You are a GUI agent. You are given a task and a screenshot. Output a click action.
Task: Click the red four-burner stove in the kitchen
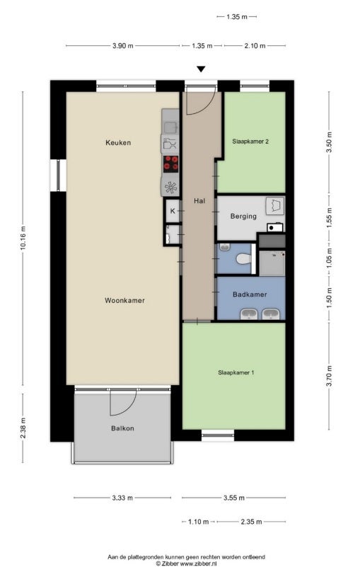[170, 164]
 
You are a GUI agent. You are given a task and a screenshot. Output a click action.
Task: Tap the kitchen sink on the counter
[170, 127]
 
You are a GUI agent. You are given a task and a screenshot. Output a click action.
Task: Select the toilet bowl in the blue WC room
[244, 259]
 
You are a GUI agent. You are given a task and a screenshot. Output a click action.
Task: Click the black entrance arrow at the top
[202, 69]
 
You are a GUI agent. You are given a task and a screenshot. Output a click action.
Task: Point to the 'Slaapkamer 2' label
[250, 141]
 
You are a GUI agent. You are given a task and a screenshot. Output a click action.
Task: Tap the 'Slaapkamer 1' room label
[235, 372]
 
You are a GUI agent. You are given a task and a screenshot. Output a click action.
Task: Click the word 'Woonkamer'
[124, 300]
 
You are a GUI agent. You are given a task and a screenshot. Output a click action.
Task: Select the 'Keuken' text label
[118, 143]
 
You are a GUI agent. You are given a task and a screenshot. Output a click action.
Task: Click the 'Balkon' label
[122, 428]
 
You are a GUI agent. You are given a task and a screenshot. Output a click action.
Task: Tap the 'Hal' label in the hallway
[199, 201]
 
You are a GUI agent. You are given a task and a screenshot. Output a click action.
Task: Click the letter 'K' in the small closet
[172, 210]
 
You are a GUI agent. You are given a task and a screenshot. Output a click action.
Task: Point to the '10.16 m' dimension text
[23, 239]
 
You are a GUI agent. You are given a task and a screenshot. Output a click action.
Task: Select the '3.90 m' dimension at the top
[122, 46]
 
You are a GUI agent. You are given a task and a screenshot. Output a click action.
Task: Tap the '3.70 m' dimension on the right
[330, 375]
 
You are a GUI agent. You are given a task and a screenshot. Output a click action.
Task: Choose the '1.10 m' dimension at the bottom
[198, 522]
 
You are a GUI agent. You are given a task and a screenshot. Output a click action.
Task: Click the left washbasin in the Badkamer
[248, 314]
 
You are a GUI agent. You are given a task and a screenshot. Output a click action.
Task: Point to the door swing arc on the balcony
[121, 403]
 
